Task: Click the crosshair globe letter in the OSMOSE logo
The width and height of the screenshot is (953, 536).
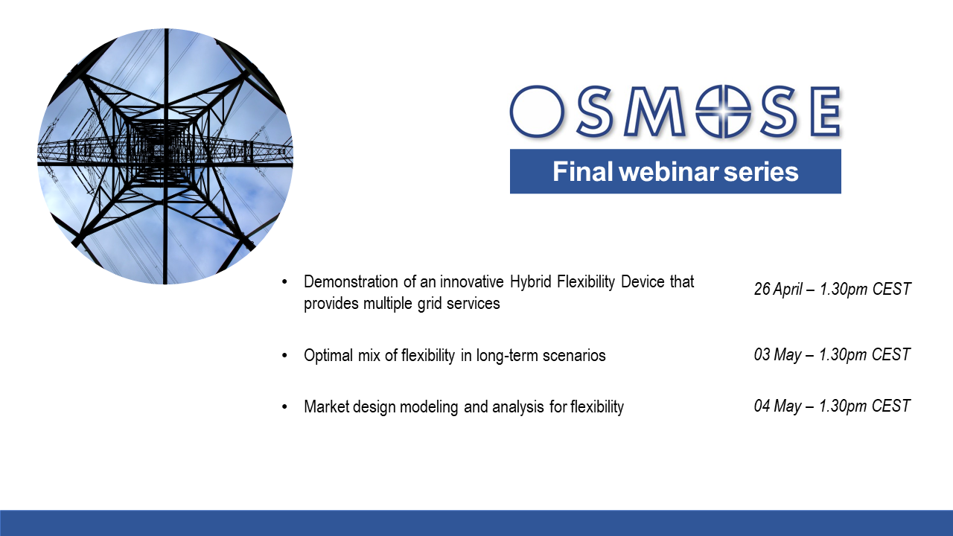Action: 723,112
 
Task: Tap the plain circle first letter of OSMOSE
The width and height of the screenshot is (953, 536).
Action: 537,112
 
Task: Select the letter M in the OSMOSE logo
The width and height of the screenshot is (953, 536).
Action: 654,112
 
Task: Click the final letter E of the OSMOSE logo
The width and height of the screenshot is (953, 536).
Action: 826,112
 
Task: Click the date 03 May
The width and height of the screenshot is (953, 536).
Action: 777,355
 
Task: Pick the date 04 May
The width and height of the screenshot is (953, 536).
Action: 777,406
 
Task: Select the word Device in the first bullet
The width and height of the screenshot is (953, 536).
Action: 643,281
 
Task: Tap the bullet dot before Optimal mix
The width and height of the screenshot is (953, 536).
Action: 284,356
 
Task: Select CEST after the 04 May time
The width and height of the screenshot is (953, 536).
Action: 891,406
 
